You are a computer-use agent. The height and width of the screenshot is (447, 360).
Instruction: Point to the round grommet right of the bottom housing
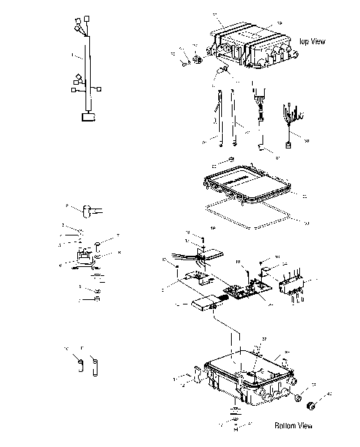click(x=311, y=404)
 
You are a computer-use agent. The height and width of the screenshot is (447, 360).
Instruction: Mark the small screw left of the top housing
click(x=182, y=61)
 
